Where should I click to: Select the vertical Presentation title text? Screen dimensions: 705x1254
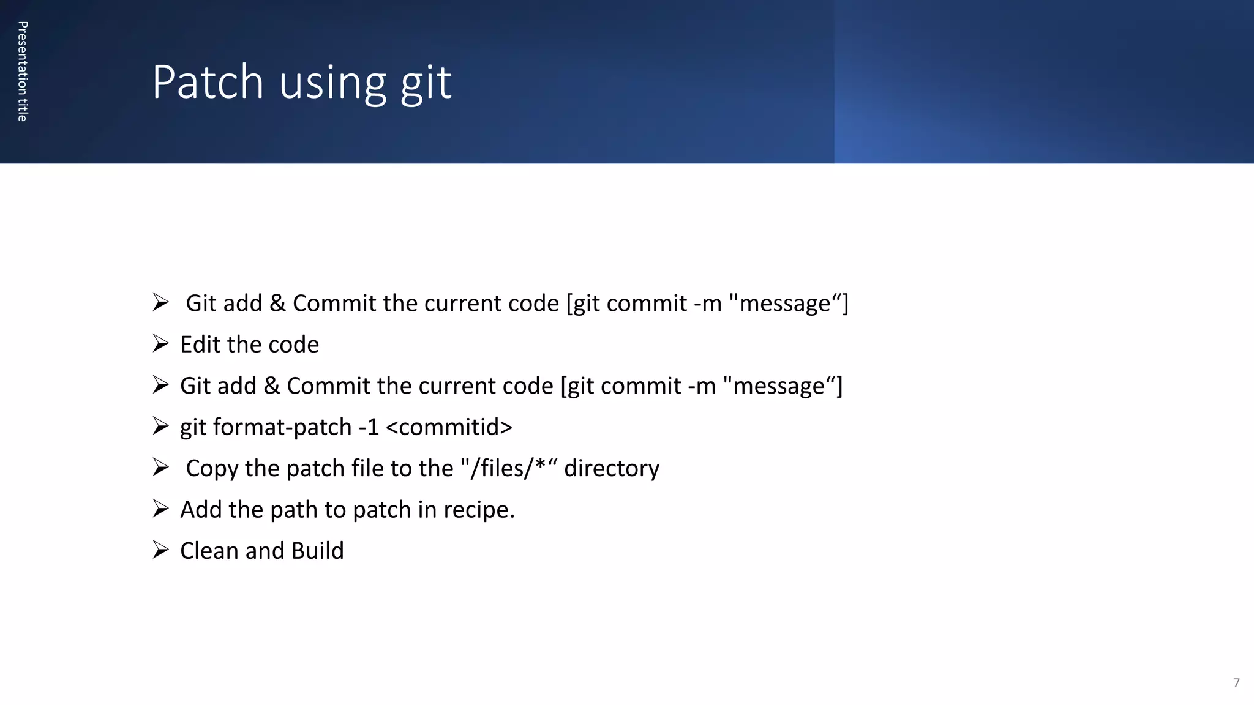(23, 72)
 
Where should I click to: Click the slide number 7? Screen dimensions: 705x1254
(1236, 683)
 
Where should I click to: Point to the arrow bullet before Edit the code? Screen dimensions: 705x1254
(160, 343)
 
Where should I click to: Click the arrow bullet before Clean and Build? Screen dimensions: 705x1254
(160, 550)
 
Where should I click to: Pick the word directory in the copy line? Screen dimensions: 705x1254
(612, 469)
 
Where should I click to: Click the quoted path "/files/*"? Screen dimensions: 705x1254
(509, 468)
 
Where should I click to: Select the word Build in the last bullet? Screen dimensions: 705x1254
(317, 551)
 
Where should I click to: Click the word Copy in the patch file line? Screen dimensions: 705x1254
(212, 469)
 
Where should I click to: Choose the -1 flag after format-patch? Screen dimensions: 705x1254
(369, 427)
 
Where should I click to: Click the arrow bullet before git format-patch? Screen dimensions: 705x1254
(160, 426)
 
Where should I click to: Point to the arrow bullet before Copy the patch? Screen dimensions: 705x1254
(160, 467)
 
